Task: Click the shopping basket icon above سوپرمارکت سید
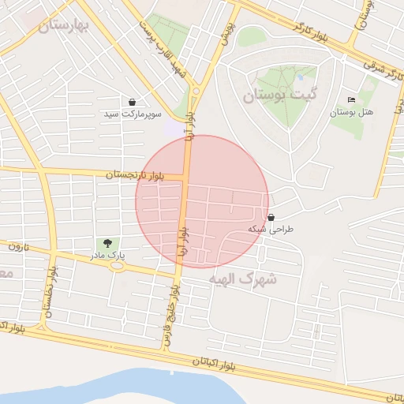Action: (132, 102)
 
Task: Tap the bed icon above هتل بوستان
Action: (351, 100)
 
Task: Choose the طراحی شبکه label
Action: (271, 229)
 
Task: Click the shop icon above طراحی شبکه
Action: (271, 217)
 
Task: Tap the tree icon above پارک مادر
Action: (107, 243)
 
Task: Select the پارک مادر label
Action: (107, 256)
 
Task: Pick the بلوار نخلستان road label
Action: (52, 291)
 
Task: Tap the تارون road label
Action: (17, 247)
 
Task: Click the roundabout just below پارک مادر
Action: (118, 265)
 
